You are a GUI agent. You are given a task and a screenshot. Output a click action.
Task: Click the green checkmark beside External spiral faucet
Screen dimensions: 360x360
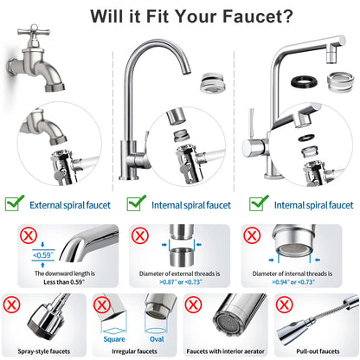(x=14, y=203)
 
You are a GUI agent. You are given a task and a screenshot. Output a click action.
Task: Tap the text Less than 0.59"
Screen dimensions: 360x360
(x=60, y=282)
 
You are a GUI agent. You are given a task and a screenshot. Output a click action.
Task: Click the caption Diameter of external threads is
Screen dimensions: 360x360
(x=179, y=273)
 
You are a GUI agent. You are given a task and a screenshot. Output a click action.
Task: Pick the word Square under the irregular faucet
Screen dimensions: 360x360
(x=112, y=339)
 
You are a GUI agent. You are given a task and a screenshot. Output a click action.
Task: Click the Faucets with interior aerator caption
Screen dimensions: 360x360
(x=225, y=351)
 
